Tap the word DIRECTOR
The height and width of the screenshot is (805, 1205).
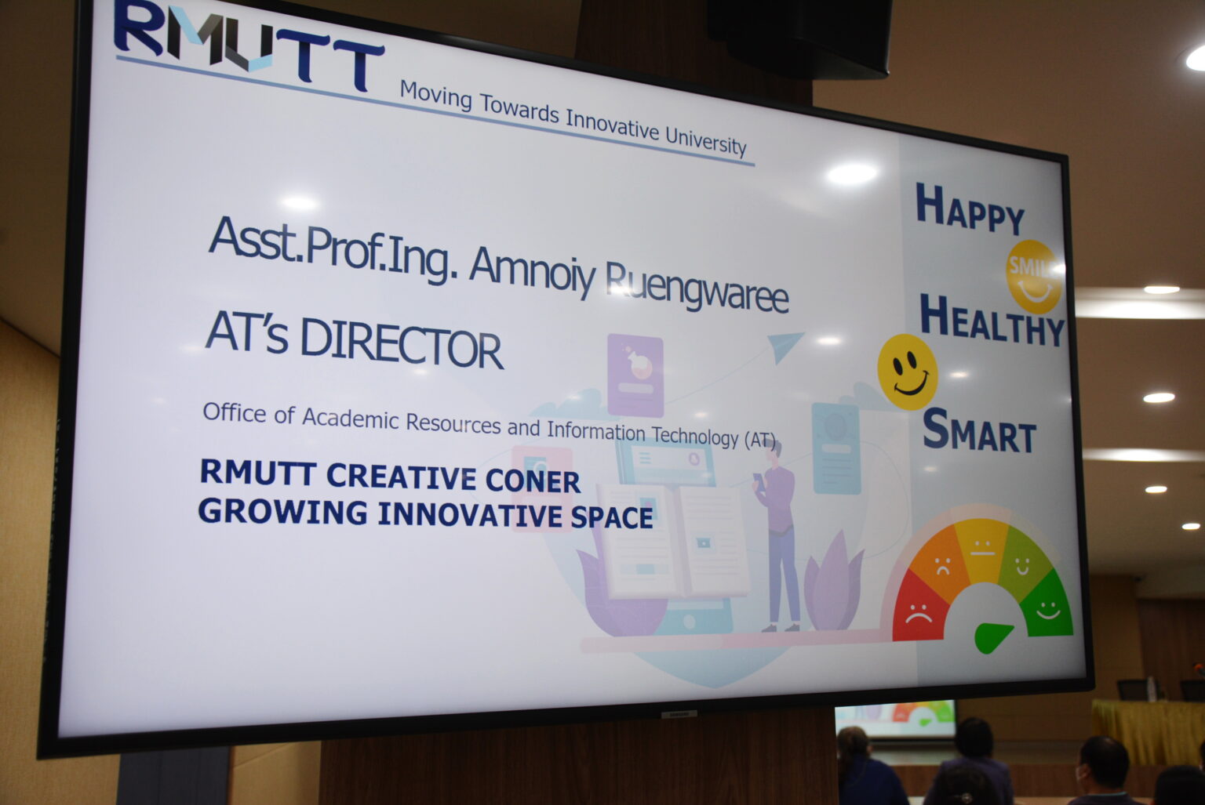click(x=402, y=344)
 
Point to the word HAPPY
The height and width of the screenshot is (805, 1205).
click(x=970, y=209)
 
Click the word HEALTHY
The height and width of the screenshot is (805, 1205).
click(x=992, y=321)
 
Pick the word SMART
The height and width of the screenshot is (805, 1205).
click(x=980, y=430)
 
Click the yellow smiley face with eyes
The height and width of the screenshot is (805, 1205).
click(x=908, y=372)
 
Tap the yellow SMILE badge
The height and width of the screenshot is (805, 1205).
click(x=1033, y=276)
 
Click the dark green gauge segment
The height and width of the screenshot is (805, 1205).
click(x=1047, y=604)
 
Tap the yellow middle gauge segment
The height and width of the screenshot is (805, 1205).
click(x=981, y=549)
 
